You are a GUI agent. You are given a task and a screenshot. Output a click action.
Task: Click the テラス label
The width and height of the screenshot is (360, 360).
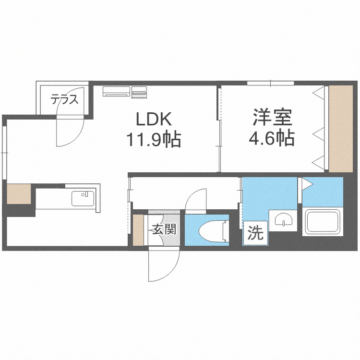tap(64, 100)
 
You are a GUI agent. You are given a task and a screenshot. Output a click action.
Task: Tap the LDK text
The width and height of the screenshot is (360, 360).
tap(152, 119)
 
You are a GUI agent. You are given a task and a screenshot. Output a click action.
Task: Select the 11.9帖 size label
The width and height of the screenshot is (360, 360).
tap(153, 140)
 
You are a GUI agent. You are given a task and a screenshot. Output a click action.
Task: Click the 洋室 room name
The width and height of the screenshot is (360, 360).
tap(271, 118)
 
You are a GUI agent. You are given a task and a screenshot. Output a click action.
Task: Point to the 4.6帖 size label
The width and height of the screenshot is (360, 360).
tap(271, 139)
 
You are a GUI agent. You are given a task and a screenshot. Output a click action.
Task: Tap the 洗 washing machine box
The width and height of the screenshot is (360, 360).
tap(255, 234)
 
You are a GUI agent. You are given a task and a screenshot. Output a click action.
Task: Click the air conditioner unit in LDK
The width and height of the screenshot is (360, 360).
tap(116, 91)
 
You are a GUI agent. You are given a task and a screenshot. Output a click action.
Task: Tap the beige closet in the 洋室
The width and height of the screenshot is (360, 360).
tap(341, 128)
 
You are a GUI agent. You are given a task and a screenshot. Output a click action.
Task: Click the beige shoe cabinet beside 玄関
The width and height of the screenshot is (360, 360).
tap(138, 230)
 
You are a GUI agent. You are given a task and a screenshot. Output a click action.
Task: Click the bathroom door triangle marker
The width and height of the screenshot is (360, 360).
tap(305, 183)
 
